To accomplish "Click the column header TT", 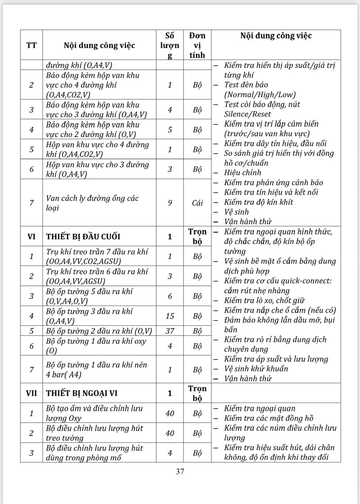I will (x=31, y=45).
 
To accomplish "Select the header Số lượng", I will (x=170, y=45).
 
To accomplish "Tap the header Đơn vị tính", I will (x=197, y=45).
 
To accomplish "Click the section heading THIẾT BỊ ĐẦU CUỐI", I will (x=83, y=237).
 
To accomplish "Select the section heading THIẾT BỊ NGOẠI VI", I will (x=81, y=393).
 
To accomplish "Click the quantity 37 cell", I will (x=170, y=331).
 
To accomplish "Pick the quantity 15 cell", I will (x=170, y=316).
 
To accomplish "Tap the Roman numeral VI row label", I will (x=31, y=237).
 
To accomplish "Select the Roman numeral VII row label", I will (x=31, y=393).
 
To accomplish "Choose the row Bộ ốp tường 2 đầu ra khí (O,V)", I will (x=99, y=331).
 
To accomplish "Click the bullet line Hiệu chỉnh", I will (x=242, y=172).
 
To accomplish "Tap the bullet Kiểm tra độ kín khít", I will (x=258, y=202).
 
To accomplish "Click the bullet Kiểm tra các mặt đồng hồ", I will (x=268, y=419).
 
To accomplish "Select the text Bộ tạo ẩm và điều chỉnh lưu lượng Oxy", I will (x=94, y=413).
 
